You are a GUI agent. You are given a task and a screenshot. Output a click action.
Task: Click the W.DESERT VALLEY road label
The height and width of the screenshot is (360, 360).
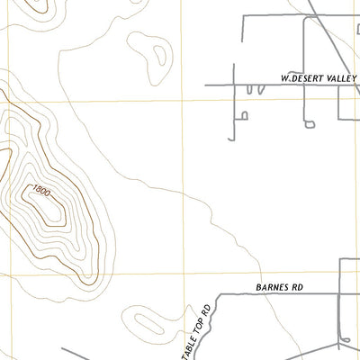(x=319, y=78)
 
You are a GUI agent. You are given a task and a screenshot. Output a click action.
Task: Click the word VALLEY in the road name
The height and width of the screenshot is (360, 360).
(x=340, y=78)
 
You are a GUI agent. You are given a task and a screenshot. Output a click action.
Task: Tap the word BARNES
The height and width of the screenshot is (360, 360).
(x=273, y=287)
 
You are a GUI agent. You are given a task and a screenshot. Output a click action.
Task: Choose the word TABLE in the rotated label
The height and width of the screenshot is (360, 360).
(x=199, y=335)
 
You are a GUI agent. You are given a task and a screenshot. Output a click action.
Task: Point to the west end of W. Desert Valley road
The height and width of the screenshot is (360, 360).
(x=206, y=85)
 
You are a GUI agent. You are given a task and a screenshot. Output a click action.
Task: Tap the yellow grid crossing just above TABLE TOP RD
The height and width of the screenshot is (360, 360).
(x=184, y=274)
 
